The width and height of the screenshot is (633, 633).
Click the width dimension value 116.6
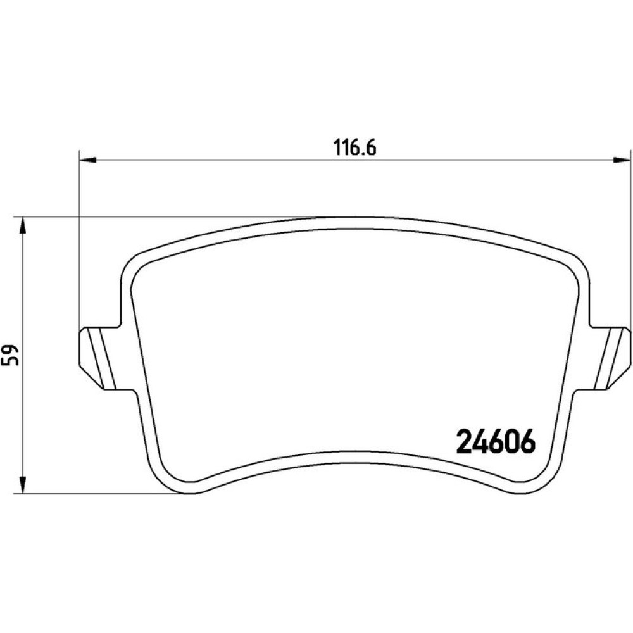[355, 147]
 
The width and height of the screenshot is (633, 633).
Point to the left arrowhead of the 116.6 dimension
[88, 160]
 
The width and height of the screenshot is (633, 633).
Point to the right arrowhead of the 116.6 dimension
[622, 160]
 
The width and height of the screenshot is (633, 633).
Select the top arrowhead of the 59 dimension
[23, 225]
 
